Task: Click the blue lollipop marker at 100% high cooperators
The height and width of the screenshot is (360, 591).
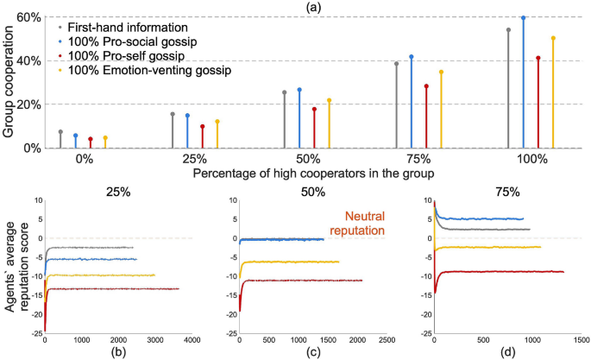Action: pyautogui.click(x=523, y=17)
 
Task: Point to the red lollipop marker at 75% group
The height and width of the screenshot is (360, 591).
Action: pyautogui.click(x=426, y=86)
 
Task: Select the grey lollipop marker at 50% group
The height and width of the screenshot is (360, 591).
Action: pyautogui.click(x=284, y=92)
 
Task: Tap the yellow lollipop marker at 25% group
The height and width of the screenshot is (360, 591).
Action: pyautogui.click(x=217, y=122)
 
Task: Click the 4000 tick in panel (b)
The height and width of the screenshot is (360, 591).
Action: pyautogui.click(x=192, y=341)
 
